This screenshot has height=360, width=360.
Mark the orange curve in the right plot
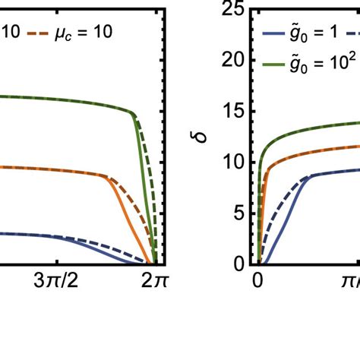click(x=319, y=149)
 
